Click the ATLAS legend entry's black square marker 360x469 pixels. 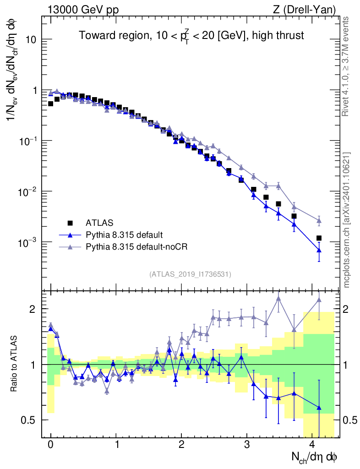[x=70, y=223]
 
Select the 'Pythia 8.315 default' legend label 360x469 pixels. [x=124, y=235]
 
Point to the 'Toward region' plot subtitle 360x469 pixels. [x=191, y=35]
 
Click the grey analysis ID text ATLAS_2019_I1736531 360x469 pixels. [x=190, y=274]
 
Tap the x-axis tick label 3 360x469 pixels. [x=247, y=445]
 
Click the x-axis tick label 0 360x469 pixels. [x=50, y=445]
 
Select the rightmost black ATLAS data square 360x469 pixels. [x=319, y=238]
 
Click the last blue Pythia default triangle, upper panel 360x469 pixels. [x=319, y=250]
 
